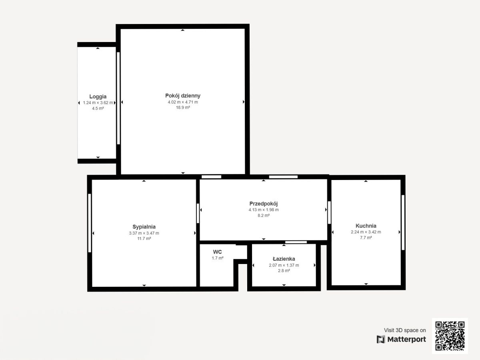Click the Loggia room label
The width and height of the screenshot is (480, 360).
pyautogui.click(x=98, y=96)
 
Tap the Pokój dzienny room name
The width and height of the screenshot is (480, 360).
pyautogui.click(x=183, y=96)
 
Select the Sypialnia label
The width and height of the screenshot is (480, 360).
pyautogui.click(x=144, y=227)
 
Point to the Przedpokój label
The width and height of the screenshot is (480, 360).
pyautogui.click(x=264, y=204)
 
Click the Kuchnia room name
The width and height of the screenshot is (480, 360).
pyautogui.click(x=366, y=226)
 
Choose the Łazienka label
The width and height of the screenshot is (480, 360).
pyautogui.click(x=284, y=259)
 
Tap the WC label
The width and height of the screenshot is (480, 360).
pyautogui.click(x=217, y=252)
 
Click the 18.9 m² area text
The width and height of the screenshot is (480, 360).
pyautogui.click(x=183, y=108)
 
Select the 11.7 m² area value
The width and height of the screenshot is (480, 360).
pyautogui.click(x=144, y=239)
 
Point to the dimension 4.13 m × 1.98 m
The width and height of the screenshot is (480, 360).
pyautogui.click(x=264, y=210)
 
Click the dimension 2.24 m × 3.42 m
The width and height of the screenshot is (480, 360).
pyautogui.click(x=366, y=232)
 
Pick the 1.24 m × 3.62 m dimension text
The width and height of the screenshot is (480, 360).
pyautogui.click(x=98, y=102)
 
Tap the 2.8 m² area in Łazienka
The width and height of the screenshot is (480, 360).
pyautogui.click(x=284, y=271)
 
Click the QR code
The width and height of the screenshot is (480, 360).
pyautogui.click(x=450, y=336)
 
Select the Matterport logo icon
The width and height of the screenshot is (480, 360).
pyautogui.click(x=381, y=340)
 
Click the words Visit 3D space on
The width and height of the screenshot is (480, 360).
pyautogui.click(x=405, y=330)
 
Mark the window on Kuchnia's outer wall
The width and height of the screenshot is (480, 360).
pyautogui.click(x=403, y=222)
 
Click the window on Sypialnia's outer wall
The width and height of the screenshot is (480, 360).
pyautogui.click(x=90, y=223)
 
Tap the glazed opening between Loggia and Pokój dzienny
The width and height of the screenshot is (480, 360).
pyautogui.click(x=118, y=98)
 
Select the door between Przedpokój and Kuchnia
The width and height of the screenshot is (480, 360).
pyautogui.click(x=329, y=212)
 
